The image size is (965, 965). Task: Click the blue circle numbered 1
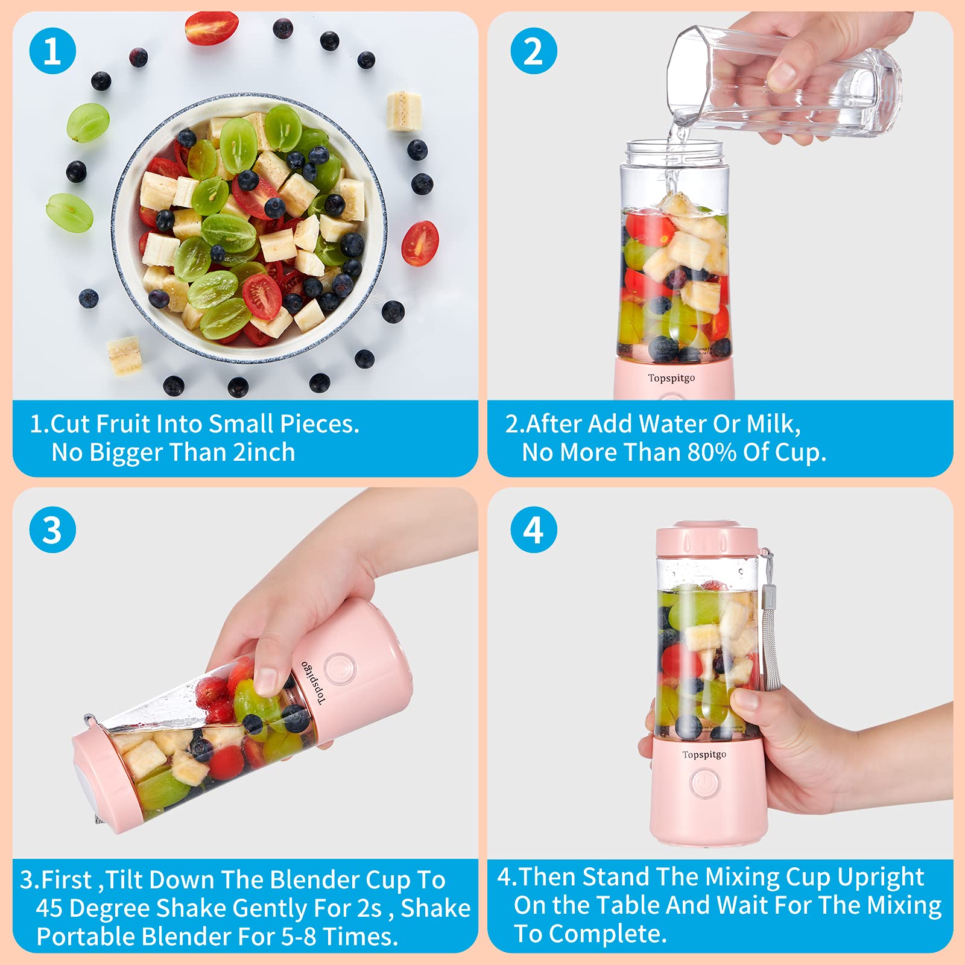[52, 51]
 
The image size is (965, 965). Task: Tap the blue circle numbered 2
[533, 51]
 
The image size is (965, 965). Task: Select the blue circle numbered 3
[52, 530]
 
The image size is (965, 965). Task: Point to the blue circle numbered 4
[533, 530]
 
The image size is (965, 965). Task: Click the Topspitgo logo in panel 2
[671, 378]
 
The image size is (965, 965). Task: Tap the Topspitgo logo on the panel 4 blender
[704, 755]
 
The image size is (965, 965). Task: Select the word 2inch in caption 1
[264, 452]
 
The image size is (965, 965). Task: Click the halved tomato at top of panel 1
[210, 28]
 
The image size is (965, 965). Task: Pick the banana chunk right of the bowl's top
[403, 110]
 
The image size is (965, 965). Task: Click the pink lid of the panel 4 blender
[706, 540]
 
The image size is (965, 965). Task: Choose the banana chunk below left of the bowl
[125, 355]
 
